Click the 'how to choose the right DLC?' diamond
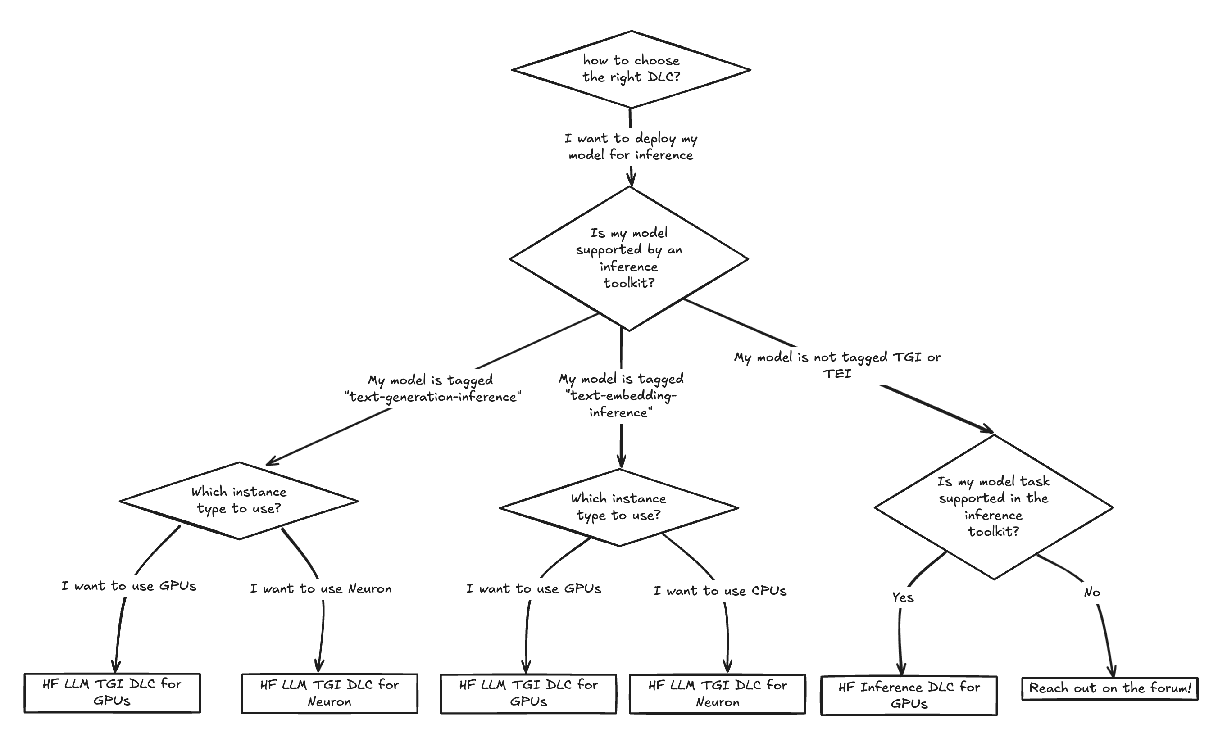click(x=631, y=69)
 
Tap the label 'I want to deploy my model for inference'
click(x=631, y=147)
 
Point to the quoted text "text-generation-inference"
click(x=433, y=397)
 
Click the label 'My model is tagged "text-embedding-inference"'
click(x=621, y=395)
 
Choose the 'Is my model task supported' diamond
click(x=993, y=506)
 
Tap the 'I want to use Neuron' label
click(x=321, y=589)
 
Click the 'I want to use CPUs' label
click(x=720, y=591)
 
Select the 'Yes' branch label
click(x=903, y=597)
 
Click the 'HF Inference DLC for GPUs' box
click(x=909, y=696)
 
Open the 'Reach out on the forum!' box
click(x=1110, y=688)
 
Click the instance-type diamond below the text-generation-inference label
click(x=239, y=500)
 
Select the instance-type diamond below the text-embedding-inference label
click(x=619, y=507)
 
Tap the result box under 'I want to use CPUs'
click(x=718, y=693)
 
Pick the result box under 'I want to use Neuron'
click(x=330, y=693)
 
